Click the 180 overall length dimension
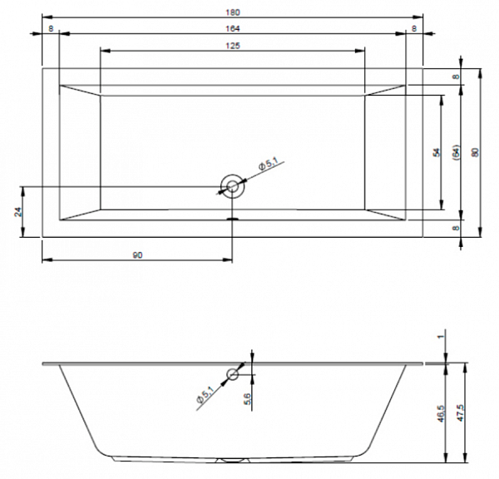click(233, 12)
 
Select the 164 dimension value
click(233, 28)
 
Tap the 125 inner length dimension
click(233, 46)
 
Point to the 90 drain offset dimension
click(137, 255)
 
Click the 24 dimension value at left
click(18, 212)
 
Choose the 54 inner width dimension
click(437, 152)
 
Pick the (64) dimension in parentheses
click(456, 152)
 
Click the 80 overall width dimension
click(475, 152)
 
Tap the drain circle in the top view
click(232, 175)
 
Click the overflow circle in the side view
click(233, 369)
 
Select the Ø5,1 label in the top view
click(269, 165)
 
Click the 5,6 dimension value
click(248, 399)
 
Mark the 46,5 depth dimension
click(441, 413)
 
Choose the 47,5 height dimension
click(461, 412)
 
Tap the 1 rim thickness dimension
click(441, 337)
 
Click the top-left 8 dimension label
click(51, 28)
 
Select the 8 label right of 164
click(414, 28)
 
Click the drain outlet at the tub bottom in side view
click(233, 460)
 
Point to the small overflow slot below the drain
click(233, 219)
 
